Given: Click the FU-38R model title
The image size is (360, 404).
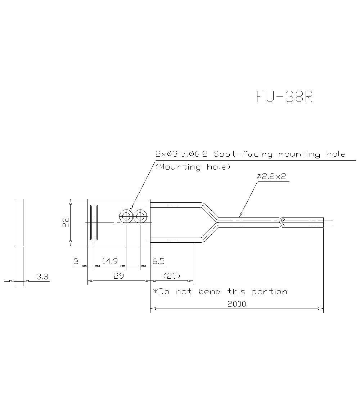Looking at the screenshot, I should [x=284, y=96].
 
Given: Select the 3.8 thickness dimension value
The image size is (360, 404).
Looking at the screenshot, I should [x=42, y=277].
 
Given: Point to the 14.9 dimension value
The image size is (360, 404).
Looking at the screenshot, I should [x=109, y=261].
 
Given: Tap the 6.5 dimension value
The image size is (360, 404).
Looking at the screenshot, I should [x=158, y=261].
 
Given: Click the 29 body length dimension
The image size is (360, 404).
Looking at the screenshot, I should [x=119, y=276].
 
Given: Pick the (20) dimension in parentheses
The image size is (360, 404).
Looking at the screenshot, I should [x=172, y=276].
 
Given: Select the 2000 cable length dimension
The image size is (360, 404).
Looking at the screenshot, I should [x=237, y=304].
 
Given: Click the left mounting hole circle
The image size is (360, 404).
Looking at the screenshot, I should [x=126, y=216].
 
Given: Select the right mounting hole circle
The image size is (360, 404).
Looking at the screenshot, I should [x=140, y=216].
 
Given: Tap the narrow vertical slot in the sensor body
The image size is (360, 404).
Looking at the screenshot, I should [x=94, y=222].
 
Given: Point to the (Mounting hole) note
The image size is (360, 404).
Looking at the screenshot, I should [x=193, y=167].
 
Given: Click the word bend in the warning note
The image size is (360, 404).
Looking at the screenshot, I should [x=210, y=291].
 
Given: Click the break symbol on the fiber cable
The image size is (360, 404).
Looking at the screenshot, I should [x=282, y=222].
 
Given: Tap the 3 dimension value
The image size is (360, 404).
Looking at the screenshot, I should [x=76, y=261].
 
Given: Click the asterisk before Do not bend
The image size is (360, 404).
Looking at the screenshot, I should [x=156, y=291].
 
